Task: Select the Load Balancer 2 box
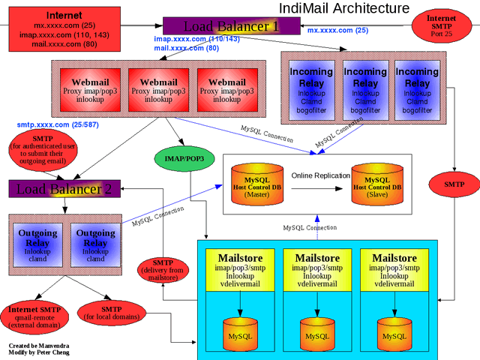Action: [61, 189]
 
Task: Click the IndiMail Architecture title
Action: [344, 8]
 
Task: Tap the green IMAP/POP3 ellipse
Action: [184, 158]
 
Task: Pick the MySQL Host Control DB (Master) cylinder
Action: [256, 182]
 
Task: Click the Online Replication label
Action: [320, 175]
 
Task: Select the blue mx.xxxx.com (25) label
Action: [337, 31]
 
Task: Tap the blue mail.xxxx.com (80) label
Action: [186, 47]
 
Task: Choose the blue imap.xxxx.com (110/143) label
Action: [196, 38]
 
